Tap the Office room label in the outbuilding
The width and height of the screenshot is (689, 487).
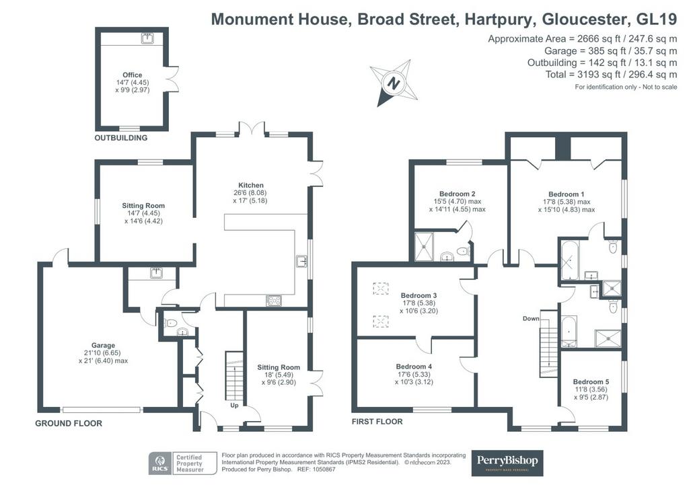(133, 75)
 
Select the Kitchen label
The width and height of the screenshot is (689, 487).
(251, 185)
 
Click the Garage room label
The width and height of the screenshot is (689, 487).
(103, 346)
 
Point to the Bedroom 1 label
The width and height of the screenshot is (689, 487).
(567, 194)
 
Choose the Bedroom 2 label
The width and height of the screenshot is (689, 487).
(458, 194)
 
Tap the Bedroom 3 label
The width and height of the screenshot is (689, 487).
(419, 295)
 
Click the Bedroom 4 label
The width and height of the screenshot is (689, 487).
(414, 366)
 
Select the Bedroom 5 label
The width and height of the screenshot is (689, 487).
(591, 381)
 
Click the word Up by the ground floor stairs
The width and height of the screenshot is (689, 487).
(234, 406)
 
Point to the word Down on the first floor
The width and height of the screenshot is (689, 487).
(531, 318)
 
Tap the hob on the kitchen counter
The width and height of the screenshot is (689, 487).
(274, 301)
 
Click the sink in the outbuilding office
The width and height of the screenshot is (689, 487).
(147, 38)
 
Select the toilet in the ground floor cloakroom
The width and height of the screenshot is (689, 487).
(170, 324)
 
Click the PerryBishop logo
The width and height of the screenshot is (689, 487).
(507, 463)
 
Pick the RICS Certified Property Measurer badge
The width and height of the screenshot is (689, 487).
(183, 463)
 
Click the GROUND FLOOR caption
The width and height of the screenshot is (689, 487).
(69, 423)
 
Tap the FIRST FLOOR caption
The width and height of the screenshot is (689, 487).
(377, 422)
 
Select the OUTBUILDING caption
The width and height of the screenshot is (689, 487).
(121, 138)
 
